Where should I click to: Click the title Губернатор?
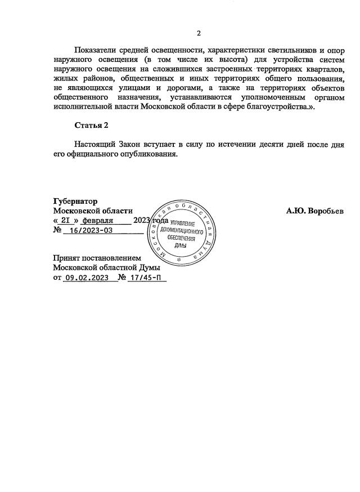(x=75, y=202)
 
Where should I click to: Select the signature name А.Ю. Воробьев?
(x=314, y=211)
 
